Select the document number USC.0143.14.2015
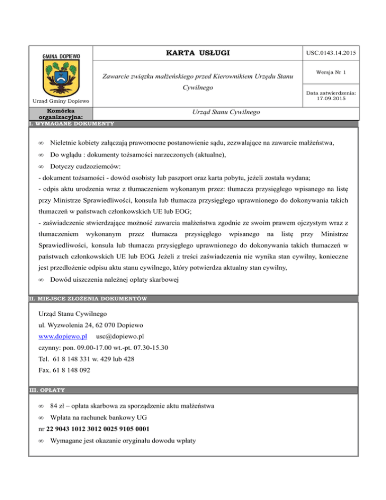[332, 53]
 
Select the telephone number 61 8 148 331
[83, 359]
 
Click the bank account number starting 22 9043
[97, 429]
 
